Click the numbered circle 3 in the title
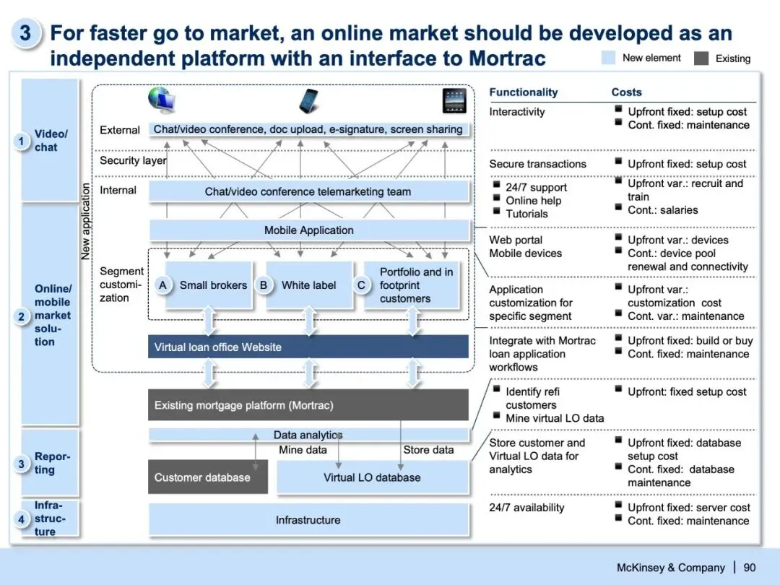tap(25, 34)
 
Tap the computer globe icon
tap(162, 100)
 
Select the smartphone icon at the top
tap(310, 100)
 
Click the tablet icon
tap(454, 101)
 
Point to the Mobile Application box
tap(309, 230)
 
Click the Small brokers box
tap(213, 285)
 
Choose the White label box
tap(309, 285)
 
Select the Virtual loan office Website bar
tap(309, 347)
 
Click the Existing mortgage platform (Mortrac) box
tap(309, 405)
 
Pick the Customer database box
tap(207, 477)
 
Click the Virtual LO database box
tap(372, 477)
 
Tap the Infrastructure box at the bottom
tap(309, 520)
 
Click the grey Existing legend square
tap(701, 58)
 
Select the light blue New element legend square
tap(608, 58)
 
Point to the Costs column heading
tap(626, 92)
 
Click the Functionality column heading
tap(524, 92)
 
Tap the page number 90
tap(750, 568)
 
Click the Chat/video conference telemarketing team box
tap(309, 192)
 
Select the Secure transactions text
tap(537, 164)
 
